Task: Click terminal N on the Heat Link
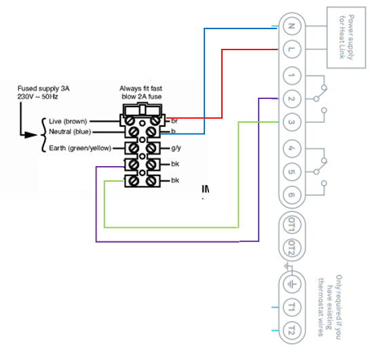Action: point(290,26)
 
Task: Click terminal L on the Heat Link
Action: point(290,49)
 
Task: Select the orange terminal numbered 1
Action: point(290,75)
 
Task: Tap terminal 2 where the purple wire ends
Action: point(290,98)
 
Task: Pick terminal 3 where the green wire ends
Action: point(290,122)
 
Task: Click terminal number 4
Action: point(290,147)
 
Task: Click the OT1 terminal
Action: point(290,224)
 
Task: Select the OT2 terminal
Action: point(290,248)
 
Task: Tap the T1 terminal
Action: point(290,307)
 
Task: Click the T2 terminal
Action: point(290,331)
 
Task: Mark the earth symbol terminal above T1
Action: point(290,283)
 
